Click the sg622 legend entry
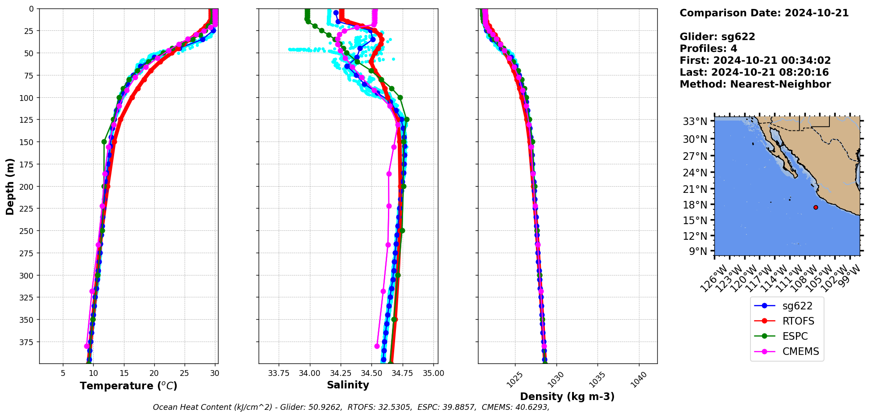tap(797, 306)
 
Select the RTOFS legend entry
tap(798, 321)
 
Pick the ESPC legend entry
tap(795, 336)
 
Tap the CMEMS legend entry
tap(800, 351)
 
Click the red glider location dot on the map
tap(816, 207)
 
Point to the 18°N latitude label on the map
tap(695, 205)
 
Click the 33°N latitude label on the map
tap(695, 121)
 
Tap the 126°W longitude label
tap(713, 279)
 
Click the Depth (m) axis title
tap(10, 186)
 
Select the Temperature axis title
tap(128, 386)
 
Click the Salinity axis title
tap(348, 385)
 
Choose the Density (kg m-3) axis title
tap(567, 396)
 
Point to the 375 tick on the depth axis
tap(28, 342)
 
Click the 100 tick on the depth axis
tap(28, 98)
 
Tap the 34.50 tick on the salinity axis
tap(371, 373)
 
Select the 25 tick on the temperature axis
tap(184, 373)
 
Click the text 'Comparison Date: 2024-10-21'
tap(764, 13)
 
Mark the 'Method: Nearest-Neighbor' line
tap(755, 84)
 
